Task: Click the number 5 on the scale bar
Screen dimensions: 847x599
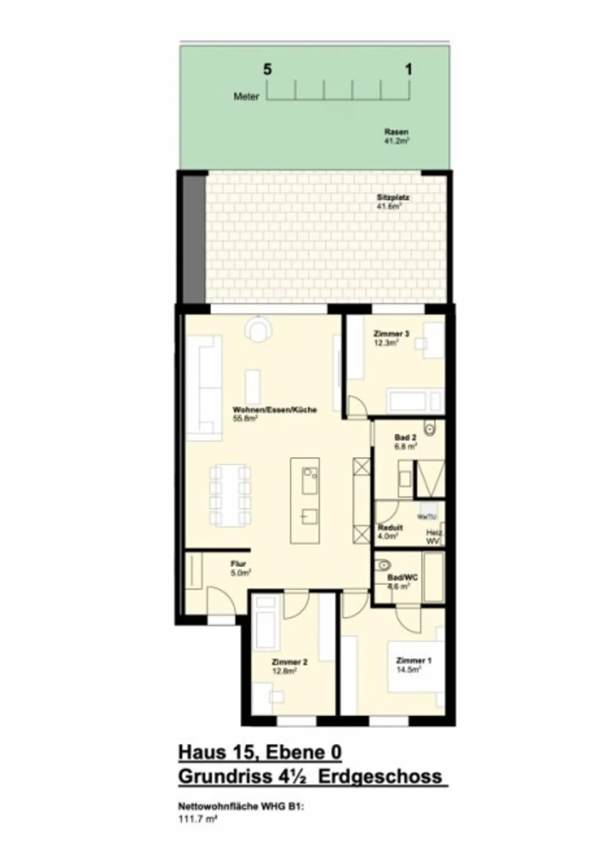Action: (x=267, y=69)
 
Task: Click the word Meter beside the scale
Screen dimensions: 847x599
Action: (x=246, y=96)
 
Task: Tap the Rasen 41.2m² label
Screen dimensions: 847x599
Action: (x=396, y=136)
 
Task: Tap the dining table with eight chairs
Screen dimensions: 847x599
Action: (x=230, y=495)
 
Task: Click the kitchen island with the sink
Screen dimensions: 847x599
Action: (x=305, y=501)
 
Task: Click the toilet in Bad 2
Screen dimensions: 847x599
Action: (x=429, y=429)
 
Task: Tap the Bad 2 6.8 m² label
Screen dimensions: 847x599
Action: (x=405, y=442)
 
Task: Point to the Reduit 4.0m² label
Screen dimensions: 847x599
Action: (x=390, y=531)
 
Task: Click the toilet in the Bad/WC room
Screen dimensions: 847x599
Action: (x=383, y=565)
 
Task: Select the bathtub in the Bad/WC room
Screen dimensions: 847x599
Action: (x=433, y=577)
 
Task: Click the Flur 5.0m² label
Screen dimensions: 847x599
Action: (x=240, y=568)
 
